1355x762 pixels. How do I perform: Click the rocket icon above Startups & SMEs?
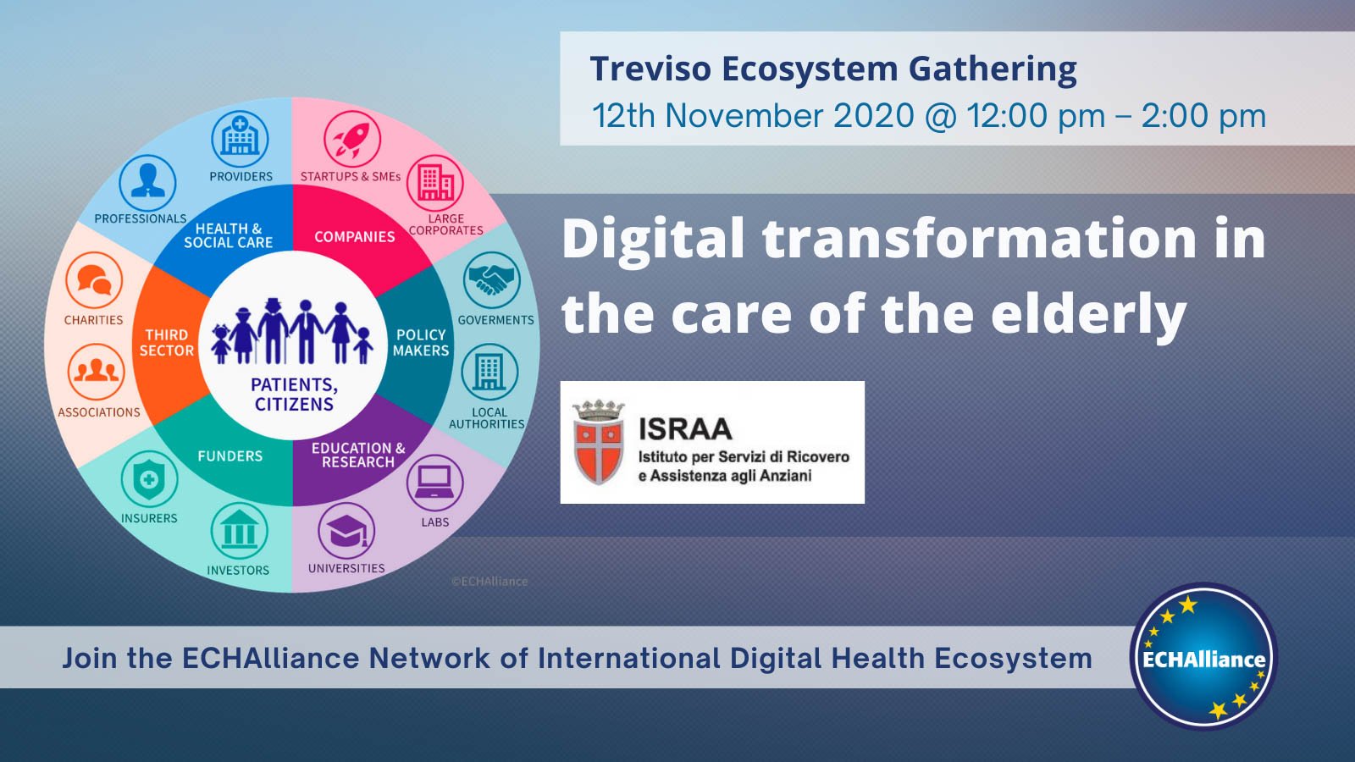[352, 139]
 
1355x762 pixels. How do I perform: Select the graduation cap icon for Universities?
[346, 531]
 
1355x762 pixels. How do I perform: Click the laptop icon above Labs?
[434, 483]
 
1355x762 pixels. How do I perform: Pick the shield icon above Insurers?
[149, 479]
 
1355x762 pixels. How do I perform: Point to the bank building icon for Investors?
[239, 532]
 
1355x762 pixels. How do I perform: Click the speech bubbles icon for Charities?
[94, 280]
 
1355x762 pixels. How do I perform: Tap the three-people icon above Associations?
[96, 372]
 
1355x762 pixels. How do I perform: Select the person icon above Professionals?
[148, 182]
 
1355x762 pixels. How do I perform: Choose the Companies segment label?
[354, 237]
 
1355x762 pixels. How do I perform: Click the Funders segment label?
[230, 456]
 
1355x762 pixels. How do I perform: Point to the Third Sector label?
[167, 343]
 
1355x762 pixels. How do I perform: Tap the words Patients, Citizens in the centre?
[294, 395]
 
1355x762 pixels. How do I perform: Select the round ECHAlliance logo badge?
[1203, 657]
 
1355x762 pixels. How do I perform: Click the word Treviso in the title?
[650, 69]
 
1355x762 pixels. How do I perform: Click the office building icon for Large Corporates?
[435, 183]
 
